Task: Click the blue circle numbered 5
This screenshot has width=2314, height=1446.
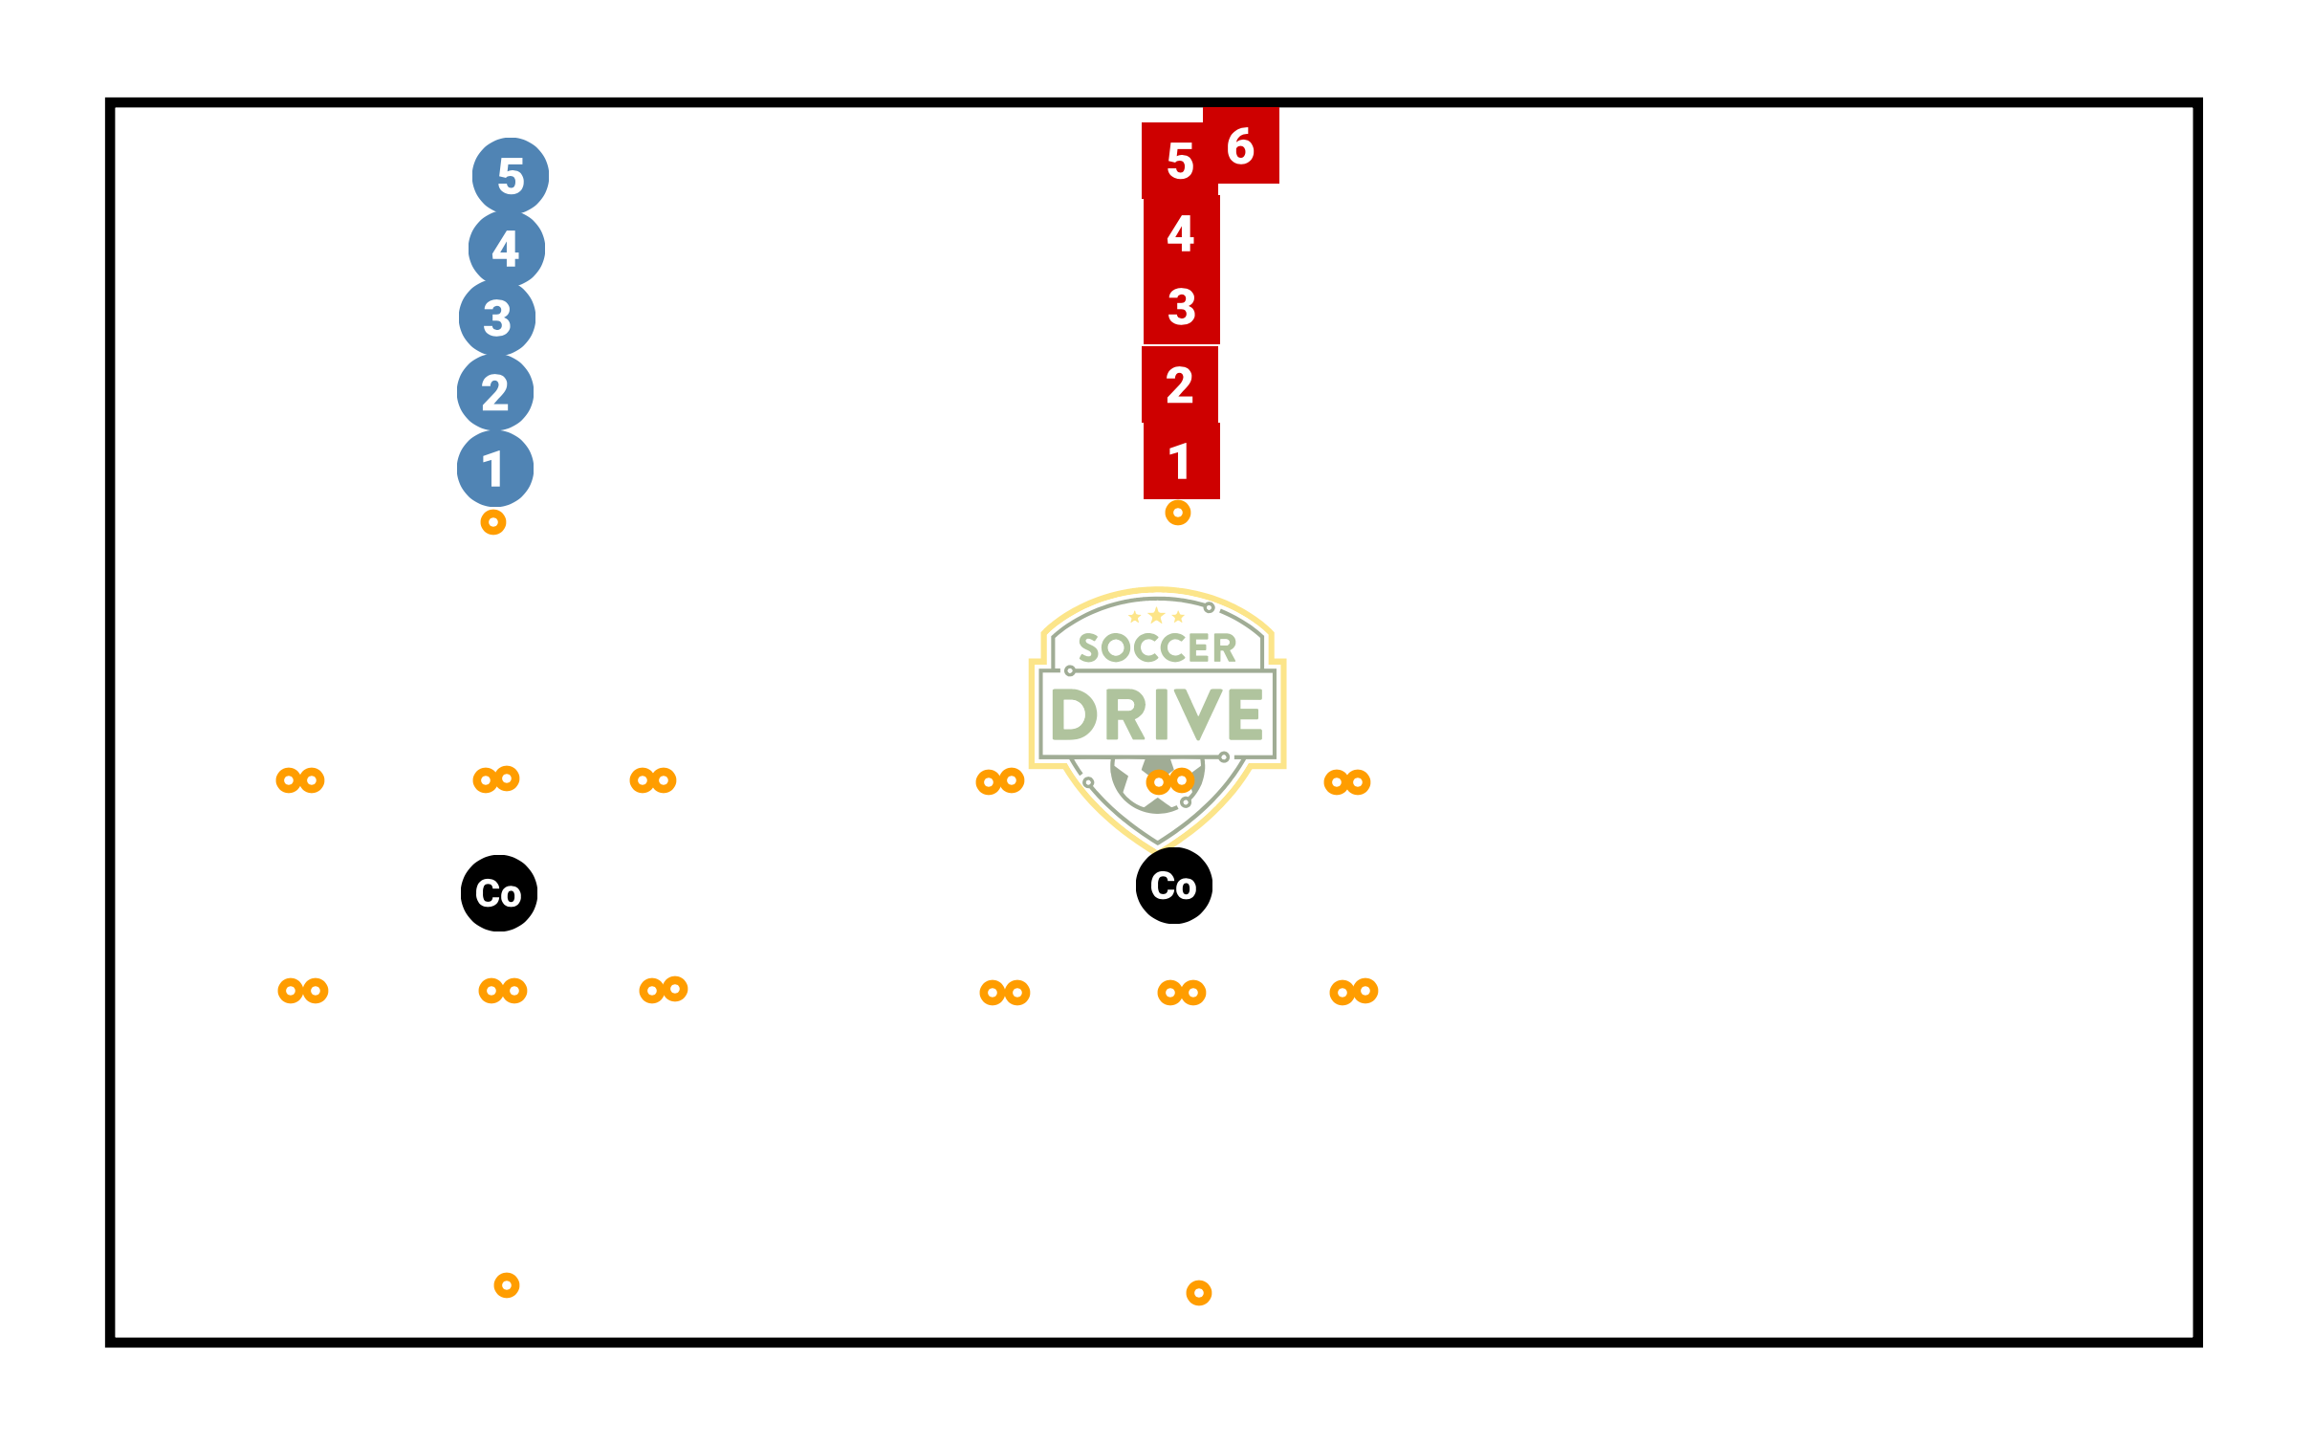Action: (x=511, y=176)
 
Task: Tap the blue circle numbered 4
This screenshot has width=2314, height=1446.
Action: (x=507, y=249)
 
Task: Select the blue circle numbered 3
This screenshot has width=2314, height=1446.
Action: (x=497, y=318)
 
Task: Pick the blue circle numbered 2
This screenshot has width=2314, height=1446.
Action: (x=495, y=392)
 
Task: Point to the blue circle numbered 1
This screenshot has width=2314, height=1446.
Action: (x=495, y=469)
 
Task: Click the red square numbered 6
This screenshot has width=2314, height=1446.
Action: (x=1241, y=145)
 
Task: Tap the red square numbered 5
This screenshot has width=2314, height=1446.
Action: (x=1180, y=161)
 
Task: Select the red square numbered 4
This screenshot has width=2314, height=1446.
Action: (x=1182, y=233)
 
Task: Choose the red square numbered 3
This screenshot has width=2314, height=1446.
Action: (x=1182, y=306)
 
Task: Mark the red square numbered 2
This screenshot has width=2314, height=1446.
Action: (x=1180, y=384)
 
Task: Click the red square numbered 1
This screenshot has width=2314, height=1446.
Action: (x=1182, y=461)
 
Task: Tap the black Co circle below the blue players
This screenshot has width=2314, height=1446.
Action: (x=499, y=893)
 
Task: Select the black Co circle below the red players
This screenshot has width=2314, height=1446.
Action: (x=1174, y=886)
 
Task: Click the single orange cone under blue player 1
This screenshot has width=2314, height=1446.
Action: (x=493, y=522)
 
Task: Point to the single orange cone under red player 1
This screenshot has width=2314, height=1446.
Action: (x=1178, y=514)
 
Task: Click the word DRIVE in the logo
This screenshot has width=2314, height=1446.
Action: (x=1157, y=714)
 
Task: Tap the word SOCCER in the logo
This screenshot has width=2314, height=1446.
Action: (x=1157, y=648)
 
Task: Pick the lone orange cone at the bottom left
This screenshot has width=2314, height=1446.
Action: (x=507, y=1285)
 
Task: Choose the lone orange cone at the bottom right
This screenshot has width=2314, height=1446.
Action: (x=1199, y=1293)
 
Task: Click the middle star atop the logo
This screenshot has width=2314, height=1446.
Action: (x=1157, y=615)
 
